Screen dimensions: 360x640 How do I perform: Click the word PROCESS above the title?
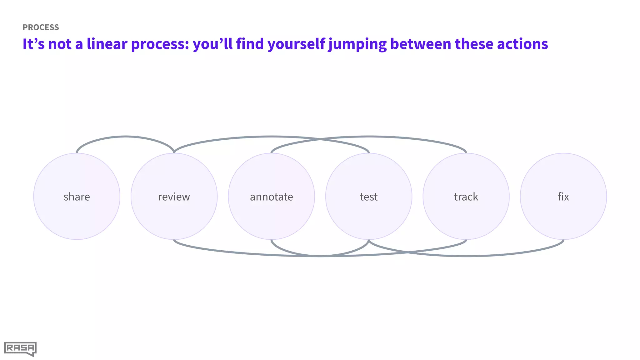[41, 27]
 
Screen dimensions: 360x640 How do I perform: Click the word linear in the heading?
[107, 44]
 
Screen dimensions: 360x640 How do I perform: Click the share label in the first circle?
[77, 197]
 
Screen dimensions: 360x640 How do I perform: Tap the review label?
[174, 197]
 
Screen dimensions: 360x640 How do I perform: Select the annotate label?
[271, 197]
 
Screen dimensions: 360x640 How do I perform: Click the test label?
[369, 197]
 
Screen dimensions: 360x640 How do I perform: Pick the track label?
[466, 197]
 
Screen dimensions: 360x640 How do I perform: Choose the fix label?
[563, 197]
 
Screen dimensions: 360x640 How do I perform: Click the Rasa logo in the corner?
[20, 349]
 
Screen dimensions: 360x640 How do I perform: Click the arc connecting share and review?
[125, 137]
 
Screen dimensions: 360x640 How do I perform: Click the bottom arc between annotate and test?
[320, 256]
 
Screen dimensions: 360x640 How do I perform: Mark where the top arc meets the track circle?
[466, 153]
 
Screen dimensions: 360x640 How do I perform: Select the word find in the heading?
[249, 44]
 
